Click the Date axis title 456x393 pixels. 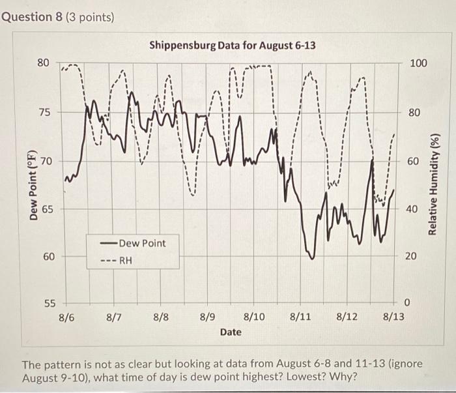pyautogui.click(x=231, y=332)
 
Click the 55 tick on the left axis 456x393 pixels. pyautogui.click(x=43, y=304)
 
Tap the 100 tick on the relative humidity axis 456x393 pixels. pyautogui.click(x=418, y=63)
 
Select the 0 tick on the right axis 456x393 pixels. pyautogui.click(x=408, y=304)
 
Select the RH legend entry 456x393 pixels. pyautogui.click(x=125, y=259)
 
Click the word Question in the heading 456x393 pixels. pyautogui.click(x=27, y=16)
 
